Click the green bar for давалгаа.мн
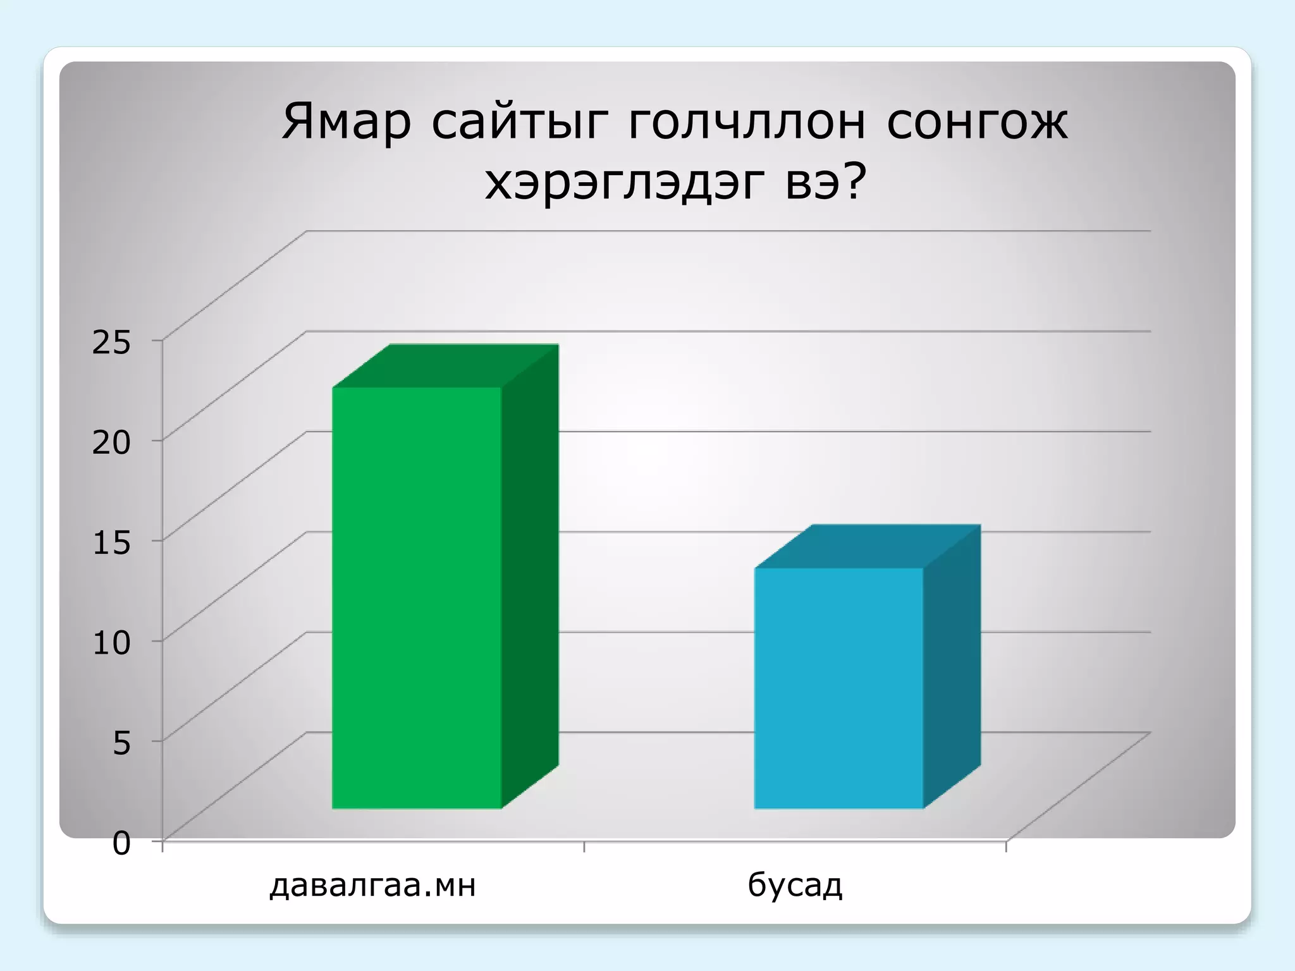(417, 597)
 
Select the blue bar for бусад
(838, 688)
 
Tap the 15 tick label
(111, 542)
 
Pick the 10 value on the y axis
(111, 642)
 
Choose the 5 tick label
(121, 743)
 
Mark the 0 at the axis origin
(121, 843)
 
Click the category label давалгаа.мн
(372, 885)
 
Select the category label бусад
(795, 885)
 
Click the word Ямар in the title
(346, 122)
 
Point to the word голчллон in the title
(746, 122)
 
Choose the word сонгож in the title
(977, 122)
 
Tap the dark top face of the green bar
(446, 366)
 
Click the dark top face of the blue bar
(868, 546)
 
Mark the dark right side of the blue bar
(952, 666)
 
